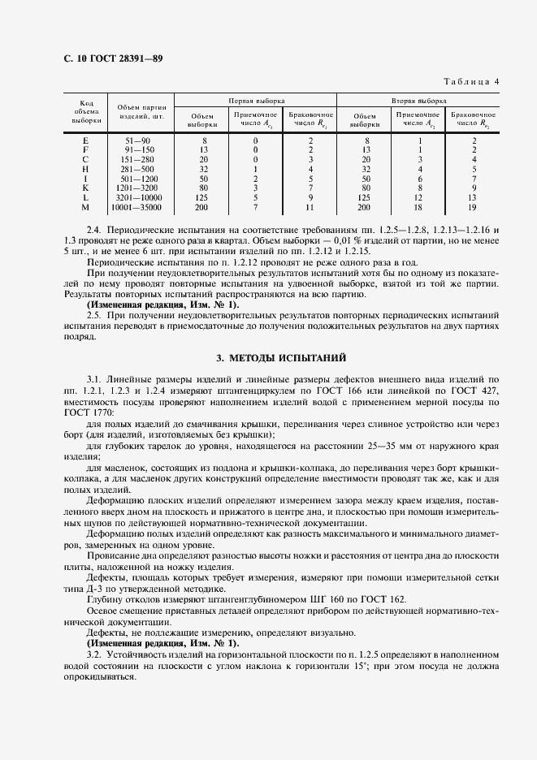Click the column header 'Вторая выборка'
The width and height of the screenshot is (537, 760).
tap(418, 101)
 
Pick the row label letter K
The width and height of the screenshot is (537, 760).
tap(85, 187)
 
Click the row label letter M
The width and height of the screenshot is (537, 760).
tap(85, 208)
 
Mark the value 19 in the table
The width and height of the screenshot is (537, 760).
tap(473, 208)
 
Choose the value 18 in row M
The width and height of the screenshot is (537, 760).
tap(419, 208)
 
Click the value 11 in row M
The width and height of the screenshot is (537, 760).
tap(310, 208)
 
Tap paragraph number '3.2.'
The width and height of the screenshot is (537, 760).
tap(94, 654)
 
